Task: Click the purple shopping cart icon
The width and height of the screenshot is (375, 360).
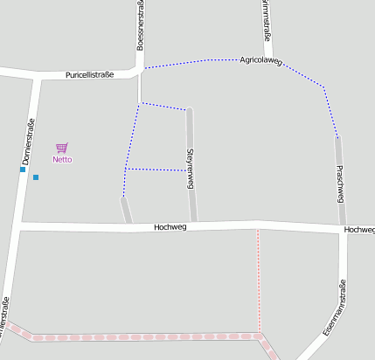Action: tap(61, 148)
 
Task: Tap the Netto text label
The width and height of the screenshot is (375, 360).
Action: tap(62, 159)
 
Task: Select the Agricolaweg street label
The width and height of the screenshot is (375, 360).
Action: tap(260, 60)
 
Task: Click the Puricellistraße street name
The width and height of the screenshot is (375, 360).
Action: tap(90, 75)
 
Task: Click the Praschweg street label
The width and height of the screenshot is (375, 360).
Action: tap(340, 183)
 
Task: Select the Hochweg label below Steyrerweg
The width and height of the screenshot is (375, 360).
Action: tap(170, 227)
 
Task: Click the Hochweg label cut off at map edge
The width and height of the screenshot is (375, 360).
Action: tap(359, 230)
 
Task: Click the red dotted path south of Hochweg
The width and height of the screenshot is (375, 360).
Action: tap(258, 280)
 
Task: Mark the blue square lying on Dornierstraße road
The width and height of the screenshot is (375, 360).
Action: tap(23, 170)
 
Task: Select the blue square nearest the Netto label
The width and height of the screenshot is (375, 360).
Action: tap(36, 177)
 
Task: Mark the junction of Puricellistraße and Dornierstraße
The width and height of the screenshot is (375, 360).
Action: tap(36, 77)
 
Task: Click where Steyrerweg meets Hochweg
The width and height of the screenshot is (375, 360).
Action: tap(193, 226)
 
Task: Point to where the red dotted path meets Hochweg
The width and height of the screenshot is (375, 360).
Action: tap(258, 230)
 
